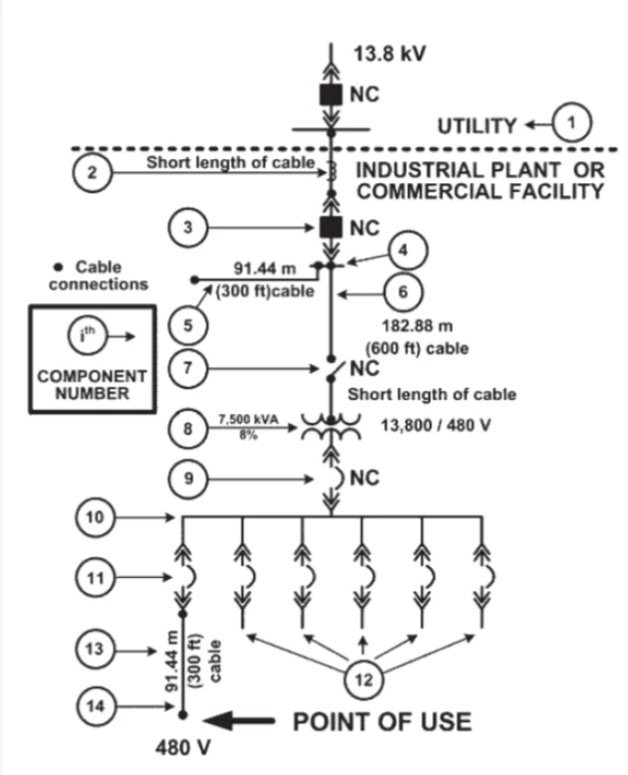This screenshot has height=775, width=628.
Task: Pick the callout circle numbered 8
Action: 184,431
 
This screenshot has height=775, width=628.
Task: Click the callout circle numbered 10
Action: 92,517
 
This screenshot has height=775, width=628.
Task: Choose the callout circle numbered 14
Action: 92,707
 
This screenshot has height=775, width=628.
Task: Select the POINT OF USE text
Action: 381,719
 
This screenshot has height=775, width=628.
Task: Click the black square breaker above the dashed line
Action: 329,96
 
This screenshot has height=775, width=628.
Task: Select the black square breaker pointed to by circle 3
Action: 329,228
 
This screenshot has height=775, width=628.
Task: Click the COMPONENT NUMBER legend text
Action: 92,386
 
